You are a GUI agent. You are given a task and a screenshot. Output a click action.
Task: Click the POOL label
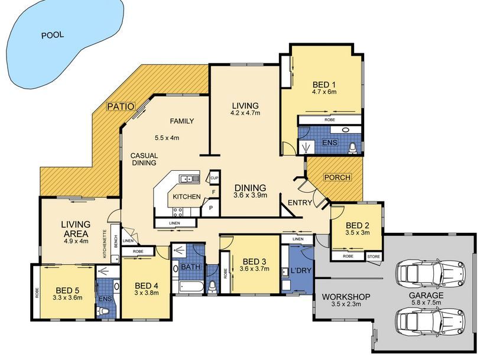pyautogui.click(x=52, y=35)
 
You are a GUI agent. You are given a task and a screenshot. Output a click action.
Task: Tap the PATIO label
pyautogui.click(x=121, y=106)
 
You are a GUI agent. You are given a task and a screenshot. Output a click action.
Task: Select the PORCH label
pyautogui.click(x=337, y=177)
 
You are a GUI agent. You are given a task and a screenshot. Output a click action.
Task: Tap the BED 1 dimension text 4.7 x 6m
pyautogui.click(x=324, y=92)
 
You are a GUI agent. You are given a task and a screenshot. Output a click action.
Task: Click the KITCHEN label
pyautogui.click(x=186, y=197)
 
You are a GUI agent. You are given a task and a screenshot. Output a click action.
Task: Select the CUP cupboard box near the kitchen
pyautogui.click(x=214, y=177)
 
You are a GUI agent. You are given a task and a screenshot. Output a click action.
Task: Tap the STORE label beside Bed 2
pyautogui.click(x=373, y=257)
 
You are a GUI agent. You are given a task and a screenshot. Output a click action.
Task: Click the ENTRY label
pyautogui.click(x=300, y=203)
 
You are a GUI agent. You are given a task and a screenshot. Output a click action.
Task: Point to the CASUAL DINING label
pyautogui.click(x=144, y=158)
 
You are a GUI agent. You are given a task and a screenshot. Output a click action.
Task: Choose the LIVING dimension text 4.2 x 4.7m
pyautogui.click(x=245, y=112)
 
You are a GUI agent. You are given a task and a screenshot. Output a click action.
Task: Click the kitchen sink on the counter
pyautogui.click(x=189, y=178)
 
